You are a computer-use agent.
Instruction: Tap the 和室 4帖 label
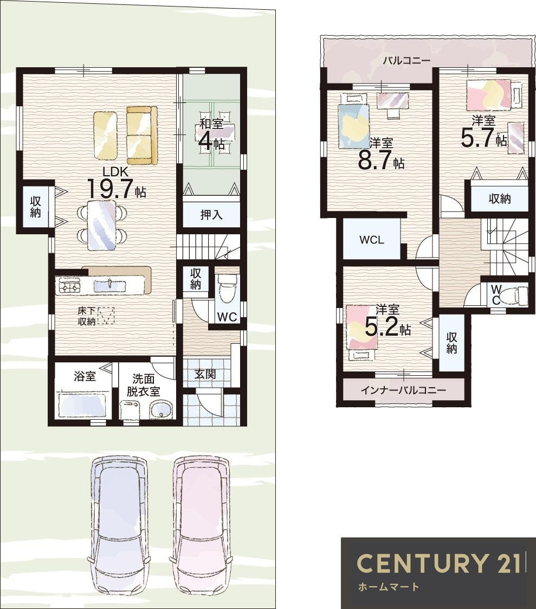(211, 135)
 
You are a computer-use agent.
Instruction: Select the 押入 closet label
(211, 214)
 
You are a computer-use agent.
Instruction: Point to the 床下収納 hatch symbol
(106, 316)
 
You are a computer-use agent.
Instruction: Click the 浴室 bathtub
(82, 405)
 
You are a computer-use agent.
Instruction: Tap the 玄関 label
(205, 374)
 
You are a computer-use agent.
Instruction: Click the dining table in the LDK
(102, 225)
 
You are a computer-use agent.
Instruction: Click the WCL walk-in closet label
(372, 240)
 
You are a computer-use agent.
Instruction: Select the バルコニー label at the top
(407, 61)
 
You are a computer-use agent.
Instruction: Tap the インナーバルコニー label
(403, 390)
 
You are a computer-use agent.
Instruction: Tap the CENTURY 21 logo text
(439, 562)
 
